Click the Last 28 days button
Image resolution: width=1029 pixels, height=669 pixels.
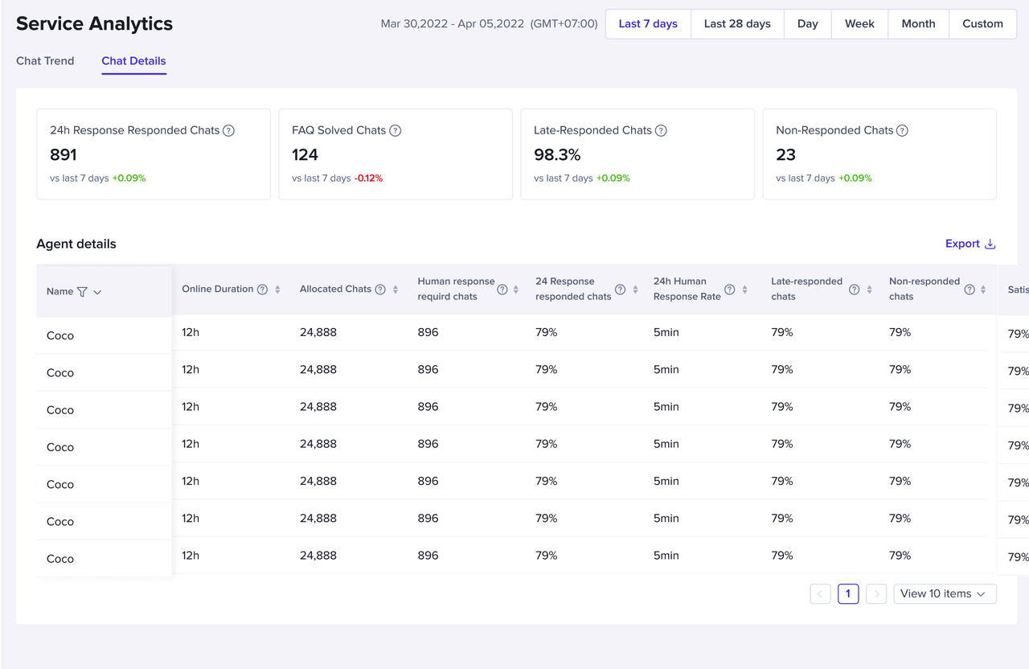point(737,24)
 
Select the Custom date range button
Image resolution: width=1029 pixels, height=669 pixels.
point(982,24)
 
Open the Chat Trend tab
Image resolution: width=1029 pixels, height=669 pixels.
point(45,61)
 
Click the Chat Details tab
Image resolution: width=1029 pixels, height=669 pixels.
point(133,61)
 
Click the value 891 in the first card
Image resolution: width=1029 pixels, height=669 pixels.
point(64,154)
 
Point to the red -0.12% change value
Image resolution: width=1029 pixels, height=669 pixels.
point(368,179)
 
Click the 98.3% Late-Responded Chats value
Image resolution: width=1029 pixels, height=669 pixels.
point(557,154)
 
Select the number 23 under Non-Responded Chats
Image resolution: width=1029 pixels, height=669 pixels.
point(785,154)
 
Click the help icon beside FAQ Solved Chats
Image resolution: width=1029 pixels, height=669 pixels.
point(395,130)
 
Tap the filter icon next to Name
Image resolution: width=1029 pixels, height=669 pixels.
point(82,292)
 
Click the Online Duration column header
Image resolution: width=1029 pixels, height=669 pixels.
point(217,289)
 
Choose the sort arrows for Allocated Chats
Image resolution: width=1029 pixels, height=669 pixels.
point(396,289)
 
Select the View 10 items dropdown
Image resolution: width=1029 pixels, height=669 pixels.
point(945,594)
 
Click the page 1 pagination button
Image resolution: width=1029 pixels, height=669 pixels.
point(848,594)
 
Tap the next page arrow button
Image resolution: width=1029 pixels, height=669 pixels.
point(876,594)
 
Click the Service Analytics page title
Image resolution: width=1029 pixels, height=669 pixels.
point(94,24)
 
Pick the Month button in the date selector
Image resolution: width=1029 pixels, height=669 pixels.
point(918,24)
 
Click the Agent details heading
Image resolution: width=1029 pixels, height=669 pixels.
point(76,244)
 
